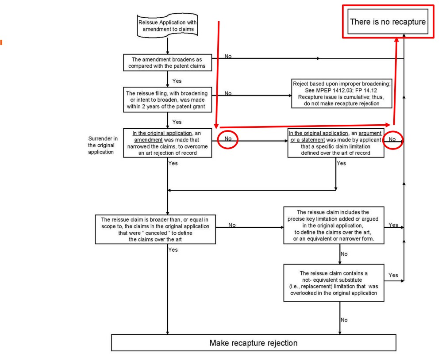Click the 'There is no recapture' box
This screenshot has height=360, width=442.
point(388,21)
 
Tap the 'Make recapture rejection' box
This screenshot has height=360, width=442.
point(254,343)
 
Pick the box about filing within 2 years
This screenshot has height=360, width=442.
point(168,98)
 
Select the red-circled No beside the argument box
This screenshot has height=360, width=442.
point(392,139)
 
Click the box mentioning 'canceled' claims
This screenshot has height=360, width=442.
point(168,228)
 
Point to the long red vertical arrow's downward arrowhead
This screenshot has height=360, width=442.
point(217,125)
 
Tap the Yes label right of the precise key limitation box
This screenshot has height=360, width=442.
point(393,225)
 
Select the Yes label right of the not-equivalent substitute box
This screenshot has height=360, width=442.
point(393,275)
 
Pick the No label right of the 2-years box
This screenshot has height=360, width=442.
point(228,94)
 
